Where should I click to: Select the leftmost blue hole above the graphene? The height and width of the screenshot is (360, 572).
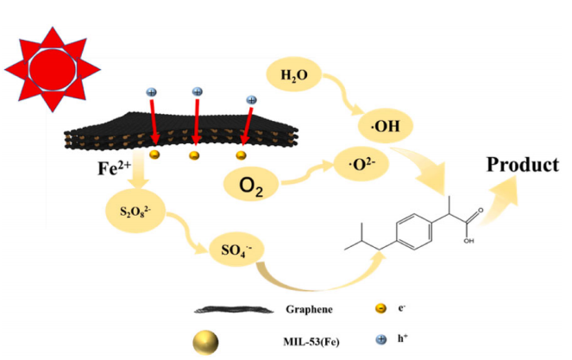tap(152, 93)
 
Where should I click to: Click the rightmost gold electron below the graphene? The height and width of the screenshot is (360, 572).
tap(242, 156)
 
